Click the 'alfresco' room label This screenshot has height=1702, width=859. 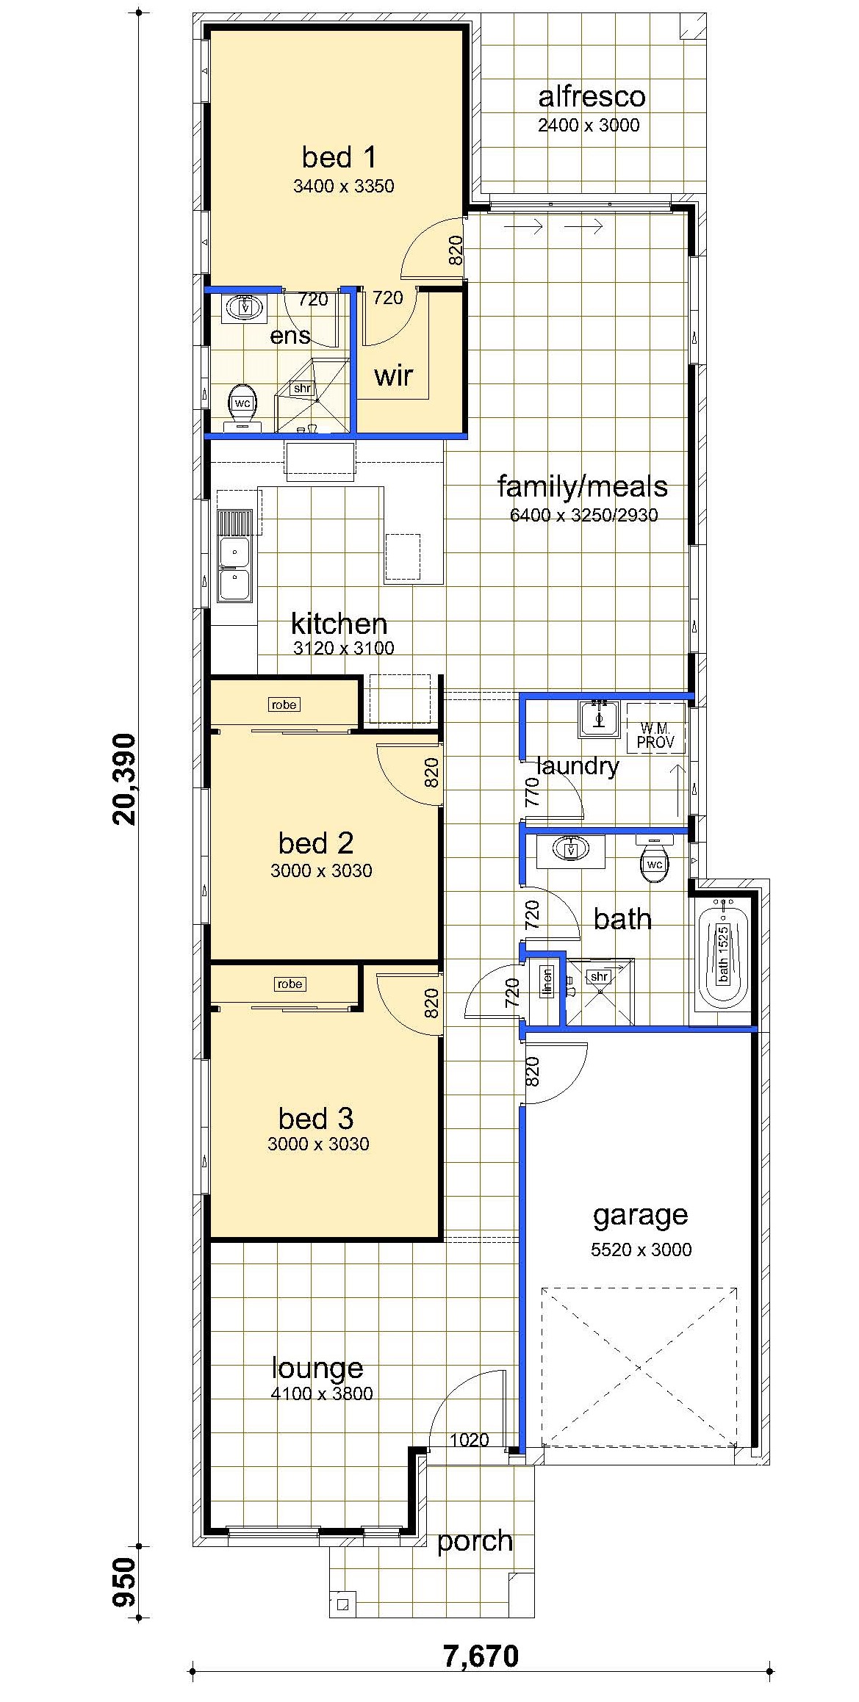point(592,96)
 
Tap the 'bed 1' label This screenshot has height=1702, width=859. point(339,156)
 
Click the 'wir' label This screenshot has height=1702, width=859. point(393,376)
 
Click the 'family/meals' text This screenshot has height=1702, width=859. point(582,486)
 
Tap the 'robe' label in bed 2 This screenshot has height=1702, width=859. point(284,704)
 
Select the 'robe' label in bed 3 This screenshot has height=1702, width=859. point(290,984)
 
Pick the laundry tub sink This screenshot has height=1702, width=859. point(600,718)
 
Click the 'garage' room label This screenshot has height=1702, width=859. point(640,1214)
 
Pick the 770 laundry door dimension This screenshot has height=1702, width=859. point(533,792)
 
